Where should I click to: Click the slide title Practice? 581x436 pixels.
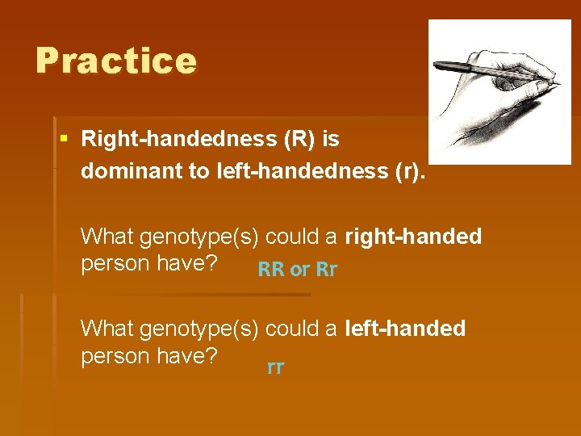coord(115,61)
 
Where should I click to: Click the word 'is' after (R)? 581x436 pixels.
coord(330,140)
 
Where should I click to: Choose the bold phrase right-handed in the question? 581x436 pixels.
coord(413,237)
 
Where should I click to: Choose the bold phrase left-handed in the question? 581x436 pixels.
coord(405,329)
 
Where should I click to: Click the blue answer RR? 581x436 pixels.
coord(270,270)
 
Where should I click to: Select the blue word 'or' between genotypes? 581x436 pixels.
coord(299,270)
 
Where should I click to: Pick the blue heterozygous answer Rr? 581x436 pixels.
coord(326,270)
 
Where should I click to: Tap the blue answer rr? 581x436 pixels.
coord(275,368)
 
